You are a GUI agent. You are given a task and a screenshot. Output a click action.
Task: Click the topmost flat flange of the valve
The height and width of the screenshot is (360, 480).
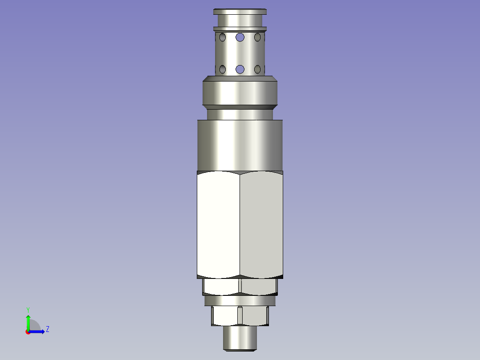point(240,12)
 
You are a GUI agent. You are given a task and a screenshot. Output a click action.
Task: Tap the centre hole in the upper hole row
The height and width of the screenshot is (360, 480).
point(240,37)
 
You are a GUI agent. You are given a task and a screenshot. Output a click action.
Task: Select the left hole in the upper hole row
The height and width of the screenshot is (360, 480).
point(223,37)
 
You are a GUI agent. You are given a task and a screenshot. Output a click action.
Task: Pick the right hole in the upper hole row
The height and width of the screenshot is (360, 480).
point(257,37)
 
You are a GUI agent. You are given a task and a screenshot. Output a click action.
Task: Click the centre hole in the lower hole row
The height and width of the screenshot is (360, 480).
point(240,69)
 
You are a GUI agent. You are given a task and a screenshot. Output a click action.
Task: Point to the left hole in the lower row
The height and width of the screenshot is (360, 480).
point(223,69)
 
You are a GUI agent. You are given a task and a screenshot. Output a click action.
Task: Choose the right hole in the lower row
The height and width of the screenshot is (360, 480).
point(257,69)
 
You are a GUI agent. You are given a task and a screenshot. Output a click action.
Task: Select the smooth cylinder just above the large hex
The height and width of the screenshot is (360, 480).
point(240,145)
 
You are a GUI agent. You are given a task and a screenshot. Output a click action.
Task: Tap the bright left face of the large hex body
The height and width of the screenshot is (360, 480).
point(218,225)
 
